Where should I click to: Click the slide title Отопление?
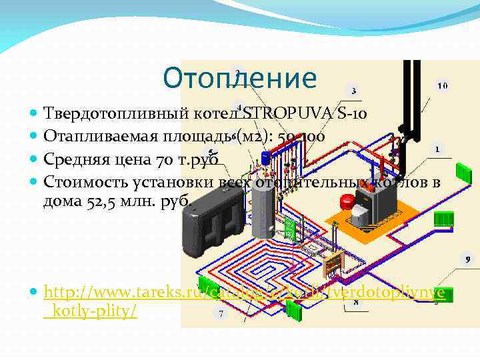pyautogui.click(x=240, y=78)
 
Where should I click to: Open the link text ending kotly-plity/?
pyautogui.click(x=93, y=311)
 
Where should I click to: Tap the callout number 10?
pyautogui.click(x=443, y=86)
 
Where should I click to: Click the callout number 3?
pyautogui.click(x=353, y=91)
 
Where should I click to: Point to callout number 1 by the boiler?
pyautogui.click(x=437, y=149)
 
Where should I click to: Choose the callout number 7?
pyautogui.click(x=219, y=312)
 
